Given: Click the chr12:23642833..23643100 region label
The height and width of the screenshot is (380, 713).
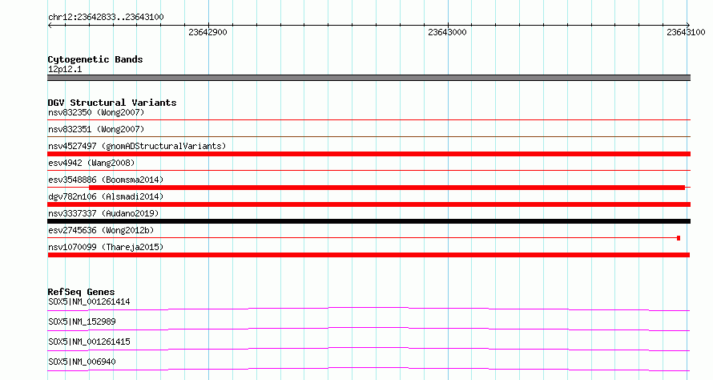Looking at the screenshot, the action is point(106,17).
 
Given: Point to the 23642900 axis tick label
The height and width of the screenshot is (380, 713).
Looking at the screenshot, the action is point(207,32).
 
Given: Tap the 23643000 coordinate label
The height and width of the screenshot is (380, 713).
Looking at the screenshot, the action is point(448,32).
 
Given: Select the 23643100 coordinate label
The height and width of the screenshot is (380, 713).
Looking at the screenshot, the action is point(687,32).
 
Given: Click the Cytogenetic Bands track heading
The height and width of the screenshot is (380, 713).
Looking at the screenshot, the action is point(95,59).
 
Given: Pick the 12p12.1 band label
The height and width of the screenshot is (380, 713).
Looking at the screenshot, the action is point(65,69).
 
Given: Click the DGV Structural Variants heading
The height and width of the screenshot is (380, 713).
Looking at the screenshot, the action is point(112,103).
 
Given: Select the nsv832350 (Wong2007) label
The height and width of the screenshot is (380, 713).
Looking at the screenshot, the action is point(96,112).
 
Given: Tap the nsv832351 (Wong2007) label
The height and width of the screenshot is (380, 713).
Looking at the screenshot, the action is point(96,129).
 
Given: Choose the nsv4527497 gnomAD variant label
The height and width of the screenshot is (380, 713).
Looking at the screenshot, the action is point(137,146).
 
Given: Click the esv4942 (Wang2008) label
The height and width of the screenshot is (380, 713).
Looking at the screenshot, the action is point(91,163).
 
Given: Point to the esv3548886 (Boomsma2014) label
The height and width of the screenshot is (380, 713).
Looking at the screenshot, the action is point(106,180).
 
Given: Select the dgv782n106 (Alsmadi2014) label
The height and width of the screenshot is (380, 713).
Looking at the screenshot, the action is point(106,196).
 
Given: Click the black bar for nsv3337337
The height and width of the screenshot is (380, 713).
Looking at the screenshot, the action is point(369,221).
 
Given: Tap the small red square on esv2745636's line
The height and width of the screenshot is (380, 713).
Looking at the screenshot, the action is point(679,238).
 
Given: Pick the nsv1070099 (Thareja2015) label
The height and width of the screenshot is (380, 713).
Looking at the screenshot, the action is point(106,247).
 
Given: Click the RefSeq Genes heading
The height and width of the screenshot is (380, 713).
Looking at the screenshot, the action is point(82,292).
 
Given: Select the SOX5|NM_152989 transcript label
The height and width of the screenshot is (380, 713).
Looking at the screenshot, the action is point(82,321).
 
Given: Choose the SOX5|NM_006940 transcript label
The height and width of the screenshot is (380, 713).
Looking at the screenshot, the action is point(82,362).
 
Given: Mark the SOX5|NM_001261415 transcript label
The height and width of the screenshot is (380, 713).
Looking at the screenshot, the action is point(89,342).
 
